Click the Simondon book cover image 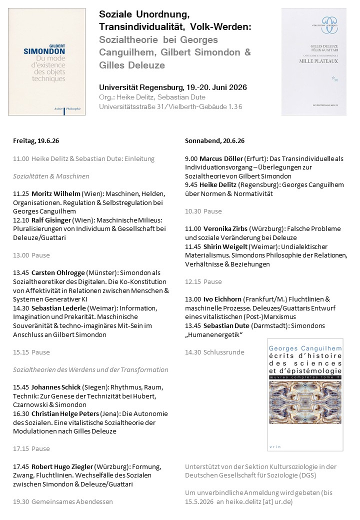(x=46, y=61)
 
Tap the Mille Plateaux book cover (x=314, y=61)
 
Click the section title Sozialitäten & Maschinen (x=51, y=176)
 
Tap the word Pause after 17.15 (x=40, y=448)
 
